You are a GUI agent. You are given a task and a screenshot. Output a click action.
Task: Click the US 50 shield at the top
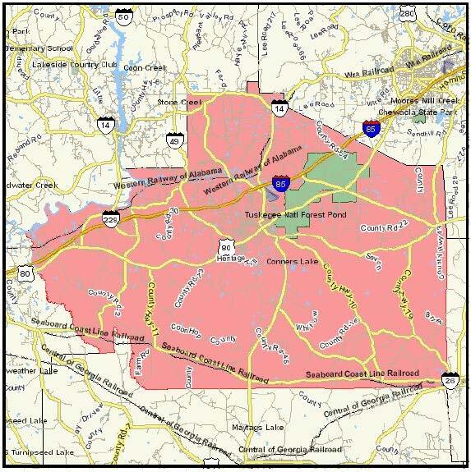123,16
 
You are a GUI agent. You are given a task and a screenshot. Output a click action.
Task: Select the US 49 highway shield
173,141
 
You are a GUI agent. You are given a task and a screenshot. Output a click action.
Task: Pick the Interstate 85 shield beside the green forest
281,185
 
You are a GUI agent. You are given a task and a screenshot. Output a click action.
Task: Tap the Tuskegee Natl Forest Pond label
297,215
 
